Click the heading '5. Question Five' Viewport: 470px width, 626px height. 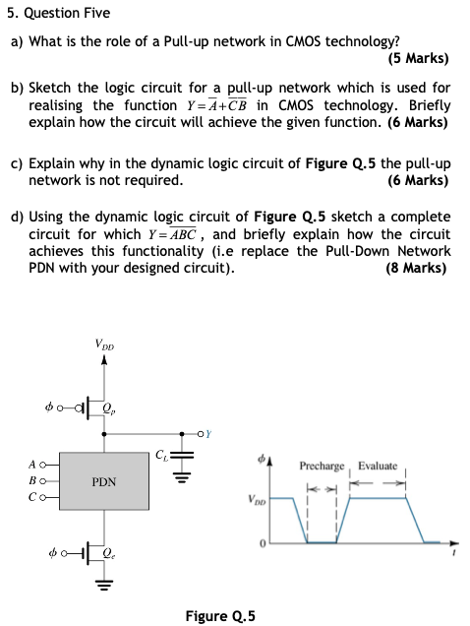pyautogui.click(x=60, y=13)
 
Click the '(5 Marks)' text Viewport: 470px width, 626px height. pyautogui.click(x=418, y=57)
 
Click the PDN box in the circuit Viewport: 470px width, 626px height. pyautogui.click(x=104, y=482)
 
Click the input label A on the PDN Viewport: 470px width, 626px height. pyautogui.click(x=34, y=466)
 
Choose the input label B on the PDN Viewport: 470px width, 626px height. pyautogui.click(x=34, y=482)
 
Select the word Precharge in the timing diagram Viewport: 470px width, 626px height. pyautogui.click(x=322, y=467)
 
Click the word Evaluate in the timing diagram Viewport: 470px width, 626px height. pyautogui.click(x=378, y=467)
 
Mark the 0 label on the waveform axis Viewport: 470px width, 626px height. pyautogui.click(x=263, y=543)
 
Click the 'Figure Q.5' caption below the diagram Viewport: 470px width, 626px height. pyautogui.click(x=220, y=616)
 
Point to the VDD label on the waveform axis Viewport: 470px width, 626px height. pyautogui.click(x=258, y=499)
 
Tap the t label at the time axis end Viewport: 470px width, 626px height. pyautogui.click(x=453, y=553)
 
